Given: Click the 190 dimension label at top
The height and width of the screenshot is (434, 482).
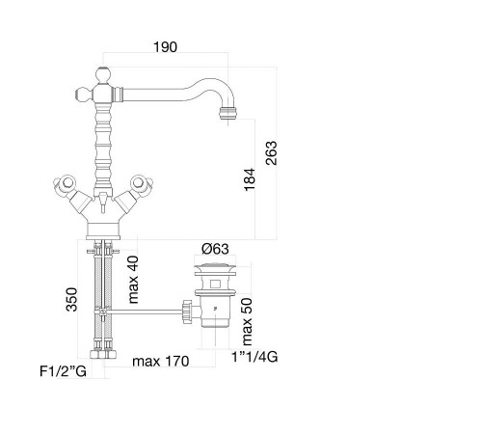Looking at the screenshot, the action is coord(165,47).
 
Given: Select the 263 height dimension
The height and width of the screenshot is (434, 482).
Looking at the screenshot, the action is coord(271,153).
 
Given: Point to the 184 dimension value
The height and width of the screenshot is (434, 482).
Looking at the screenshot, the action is coord(250,179).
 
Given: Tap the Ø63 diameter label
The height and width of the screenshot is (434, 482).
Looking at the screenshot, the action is coord(215,249).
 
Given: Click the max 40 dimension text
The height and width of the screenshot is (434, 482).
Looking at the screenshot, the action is coord(133,280).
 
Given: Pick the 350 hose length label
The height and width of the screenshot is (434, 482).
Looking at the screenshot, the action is coord(71,300).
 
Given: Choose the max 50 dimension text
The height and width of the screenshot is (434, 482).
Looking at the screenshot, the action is coord(247,321).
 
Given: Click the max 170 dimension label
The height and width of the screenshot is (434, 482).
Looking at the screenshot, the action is coord(161,361).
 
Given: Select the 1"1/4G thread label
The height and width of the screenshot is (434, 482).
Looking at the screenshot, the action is coord(254,357).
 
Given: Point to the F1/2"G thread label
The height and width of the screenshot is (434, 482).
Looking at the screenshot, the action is coord(63,371).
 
